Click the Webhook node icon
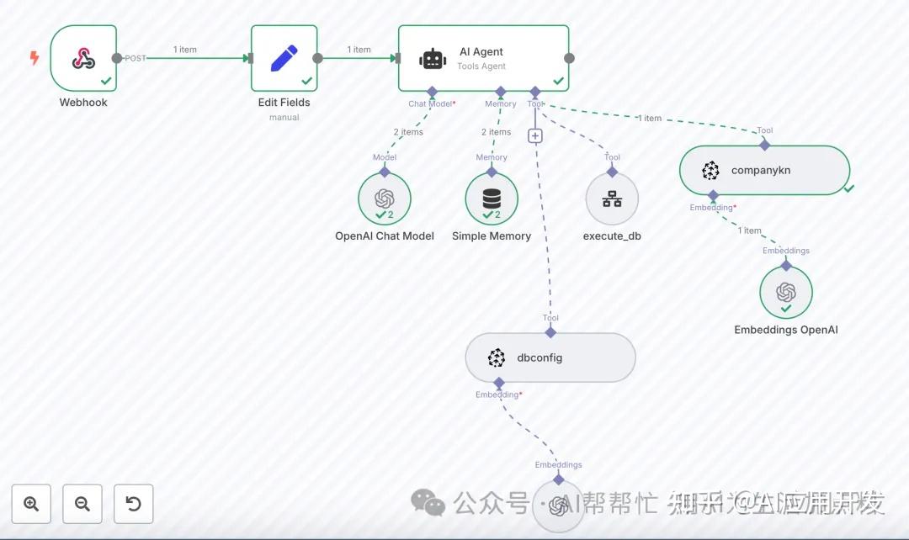pos(82,58)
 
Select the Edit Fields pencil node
pos(284,58)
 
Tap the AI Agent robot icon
pos(433,58)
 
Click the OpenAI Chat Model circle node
pos(385,199)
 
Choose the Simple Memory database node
pos(492,199)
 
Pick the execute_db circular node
pos(612,199)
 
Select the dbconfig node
pos(550,357)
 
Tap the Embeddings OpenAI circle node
pos(786,293)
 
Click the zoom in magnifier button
pos(32,504)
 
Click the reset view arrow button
pos(133,504)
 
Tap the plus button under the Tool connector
pos(535,135)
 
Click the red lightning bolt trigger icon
pos(35,58)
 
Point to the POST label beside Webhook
pos(135,58)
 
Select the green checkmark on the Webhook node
pos(107,81)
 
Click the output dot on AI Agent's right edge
pos(569,58)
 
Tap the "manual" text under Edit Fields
pos(284,118)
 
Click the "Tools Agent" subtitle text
pos(481,66)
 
